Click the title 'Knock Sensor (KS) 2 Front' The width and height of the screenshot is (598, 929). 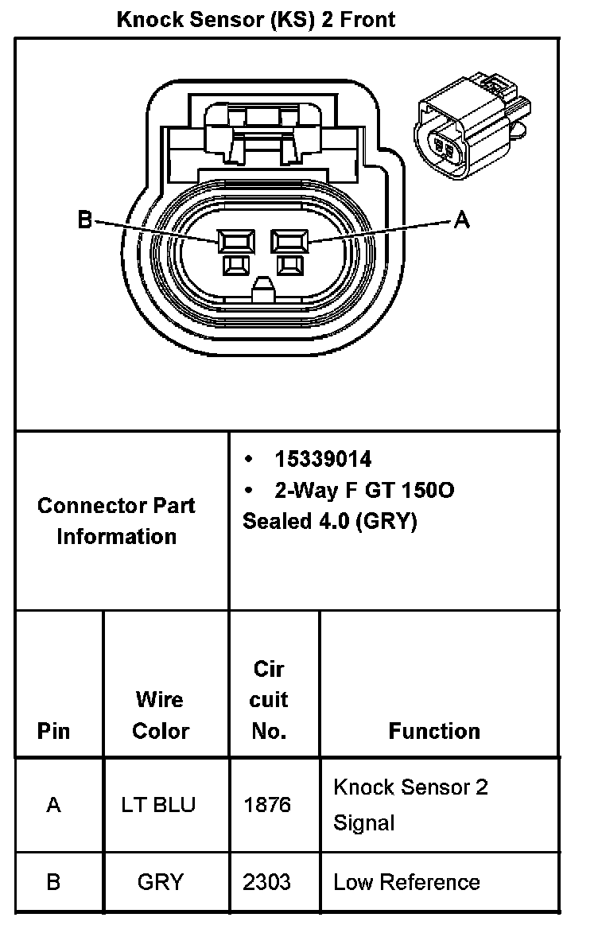tap(255, 19)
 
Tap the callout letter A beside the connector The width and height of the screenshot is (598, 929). tap(461, 220)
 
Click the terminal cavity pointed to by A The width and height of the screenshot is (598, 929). tap(289, 241)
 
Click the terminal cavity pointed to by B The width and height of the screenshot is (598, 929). tap(237, 241)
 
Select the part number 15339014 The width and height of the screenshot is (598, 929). tap(323, 459)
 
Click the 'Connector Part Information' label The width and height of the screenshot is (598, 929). tap(116, 521)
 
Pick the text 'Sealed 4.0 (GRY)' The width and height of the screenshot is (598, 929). tap(329, 522)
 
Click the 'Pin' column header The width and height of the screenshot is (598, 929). tap(53, 731)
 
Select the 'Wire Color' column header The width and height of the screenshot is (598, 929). tap(160, 715)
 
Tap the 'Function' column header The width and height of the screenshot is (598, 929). tap(434, 731)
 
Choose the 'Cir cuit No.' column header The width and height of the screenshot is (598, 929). tap(268, 700)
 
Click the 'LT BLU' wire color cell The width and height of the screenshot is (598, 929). tap(158, 805)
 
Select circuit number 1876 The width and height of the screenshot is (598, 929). tap(267, 805)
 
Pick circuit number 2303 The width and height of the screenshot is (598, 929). tap(267, 882)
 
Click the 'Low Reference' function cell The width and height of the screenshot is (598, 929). tap(406, 882)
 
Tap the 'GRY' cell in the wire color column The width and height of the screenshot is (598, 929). tap(160, 882)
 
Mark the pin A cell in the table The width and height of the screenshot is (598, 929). tap(53, 805)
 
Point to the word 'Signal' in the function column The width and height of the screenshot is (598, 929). tap(364, 822)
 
